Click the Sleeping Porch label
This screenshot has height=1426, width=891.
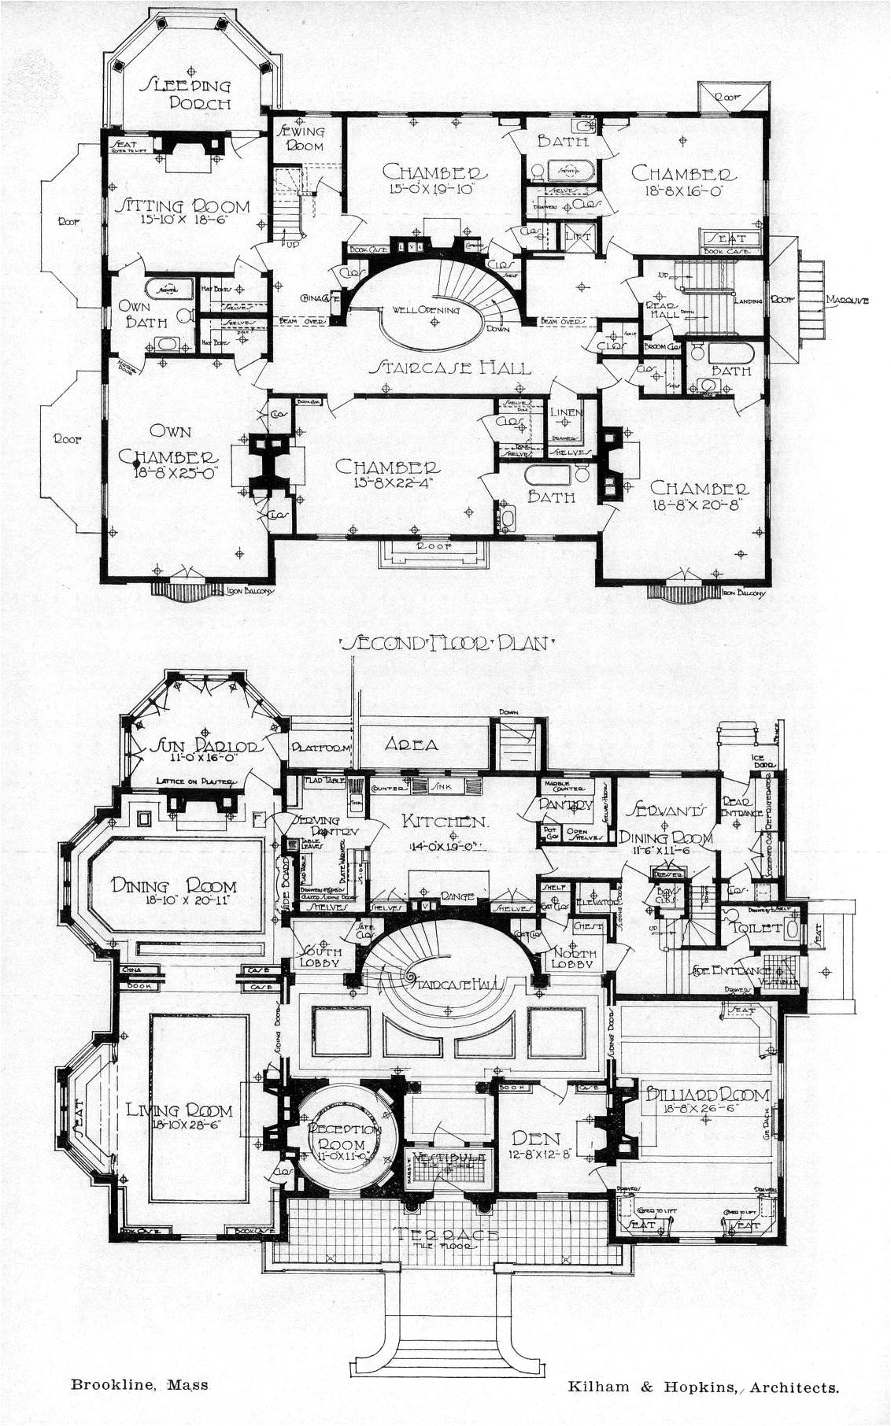[x=187, y=94]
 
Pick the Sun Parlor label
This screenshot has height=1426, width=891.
[x=206, y=747]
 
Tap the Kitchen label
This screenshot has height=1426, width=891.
[x=445, y=822]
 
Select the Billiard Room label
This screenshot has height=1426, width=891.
[x=707, y=1095]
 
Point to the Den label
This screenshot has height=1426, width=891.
[x=535, y=1138]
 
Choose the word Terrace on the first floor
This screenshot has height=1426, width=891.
[x=445, y=1235]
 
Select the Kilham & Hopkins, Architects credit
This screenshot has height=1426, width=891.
[x=703, y=1387]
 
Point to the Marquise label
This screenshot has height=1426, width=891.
[x=847, y=300]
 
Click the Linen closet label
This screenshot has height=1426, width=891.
[x=566, y=412]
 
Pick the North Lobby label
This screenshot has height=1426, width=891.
[x=573, y=959]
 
